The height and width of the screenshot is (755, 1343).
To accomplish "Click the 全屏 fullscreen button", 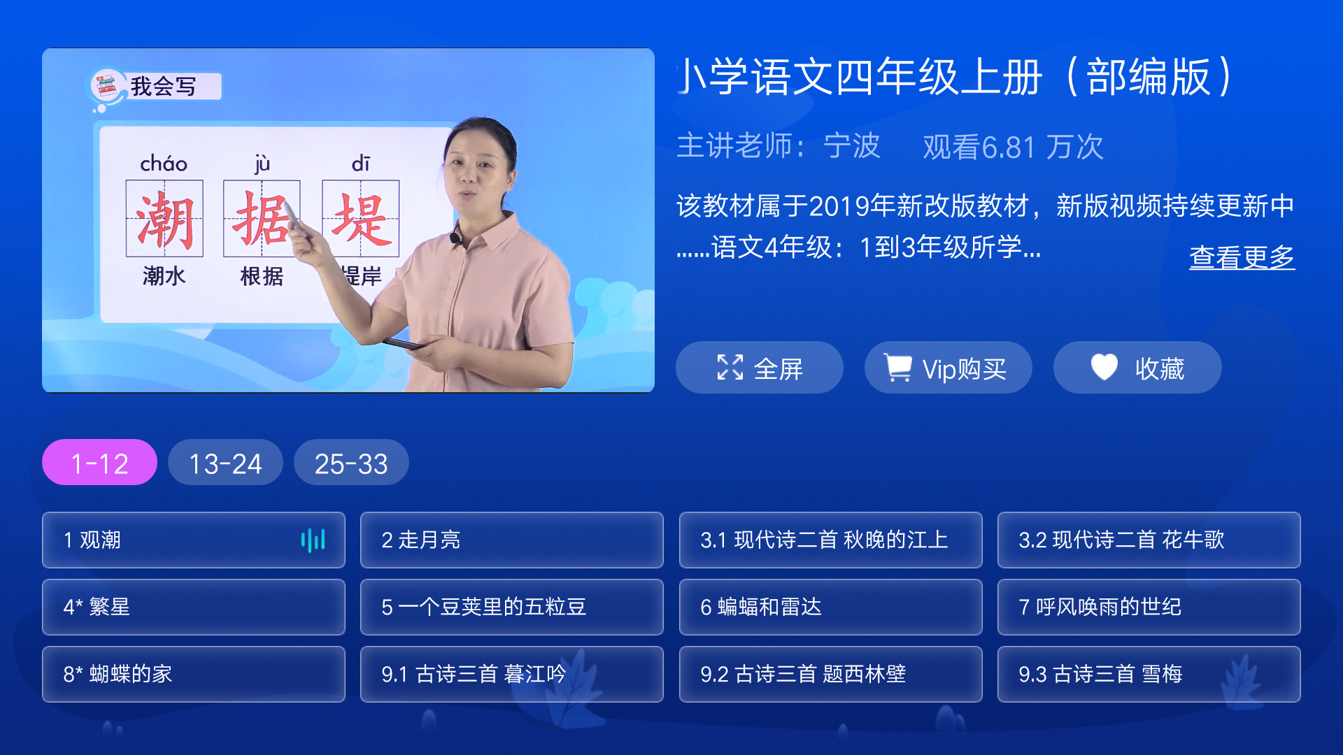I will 759,368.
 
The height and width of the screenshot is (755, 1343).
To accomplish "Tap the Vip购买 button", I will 948,368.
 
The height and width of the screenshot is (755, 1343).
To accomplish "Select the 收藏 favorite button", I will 1137,368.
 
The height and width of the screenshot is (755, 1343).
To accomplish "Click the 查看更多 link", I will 1242,257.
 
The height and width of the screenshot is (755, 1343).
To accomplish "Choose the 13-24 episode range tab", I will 225,463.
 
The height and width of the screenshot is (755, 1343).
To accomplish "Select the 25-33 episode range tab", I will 351,463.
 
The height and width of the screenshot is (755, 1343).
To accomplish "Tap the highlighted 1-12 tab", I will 99,463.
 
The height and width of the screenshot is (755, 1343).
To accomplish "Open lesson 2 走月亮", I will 511,540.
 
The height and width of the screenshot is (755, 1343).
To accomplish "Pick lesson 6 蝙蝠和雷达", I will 830,607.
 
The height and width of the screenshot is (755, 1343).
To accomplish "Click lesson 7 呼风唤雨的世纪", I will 1149,607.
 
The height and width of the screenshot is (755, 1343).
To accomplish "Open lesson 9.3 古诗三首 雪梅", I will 1149,674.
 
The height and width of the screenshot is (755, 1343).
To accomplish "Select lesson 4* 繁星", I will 193,607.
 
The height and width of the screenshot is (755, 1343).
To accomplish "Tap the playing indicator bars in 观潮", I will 313,540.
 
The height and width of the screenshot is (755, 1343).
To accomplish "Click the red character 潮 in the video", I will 164,220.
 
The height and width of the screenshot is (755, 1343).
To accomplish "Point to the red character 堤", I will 360,220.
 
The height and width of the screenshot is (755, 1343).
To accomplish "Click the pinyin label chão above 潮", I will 164,164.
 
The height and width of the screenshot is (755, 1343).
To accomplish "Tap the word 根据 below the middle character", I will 262,276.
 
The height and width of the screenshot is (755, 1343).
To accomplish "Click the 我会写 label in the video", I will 163,87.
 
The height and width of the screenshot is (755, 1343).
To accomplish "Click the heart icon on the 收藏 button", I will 1104,367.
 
